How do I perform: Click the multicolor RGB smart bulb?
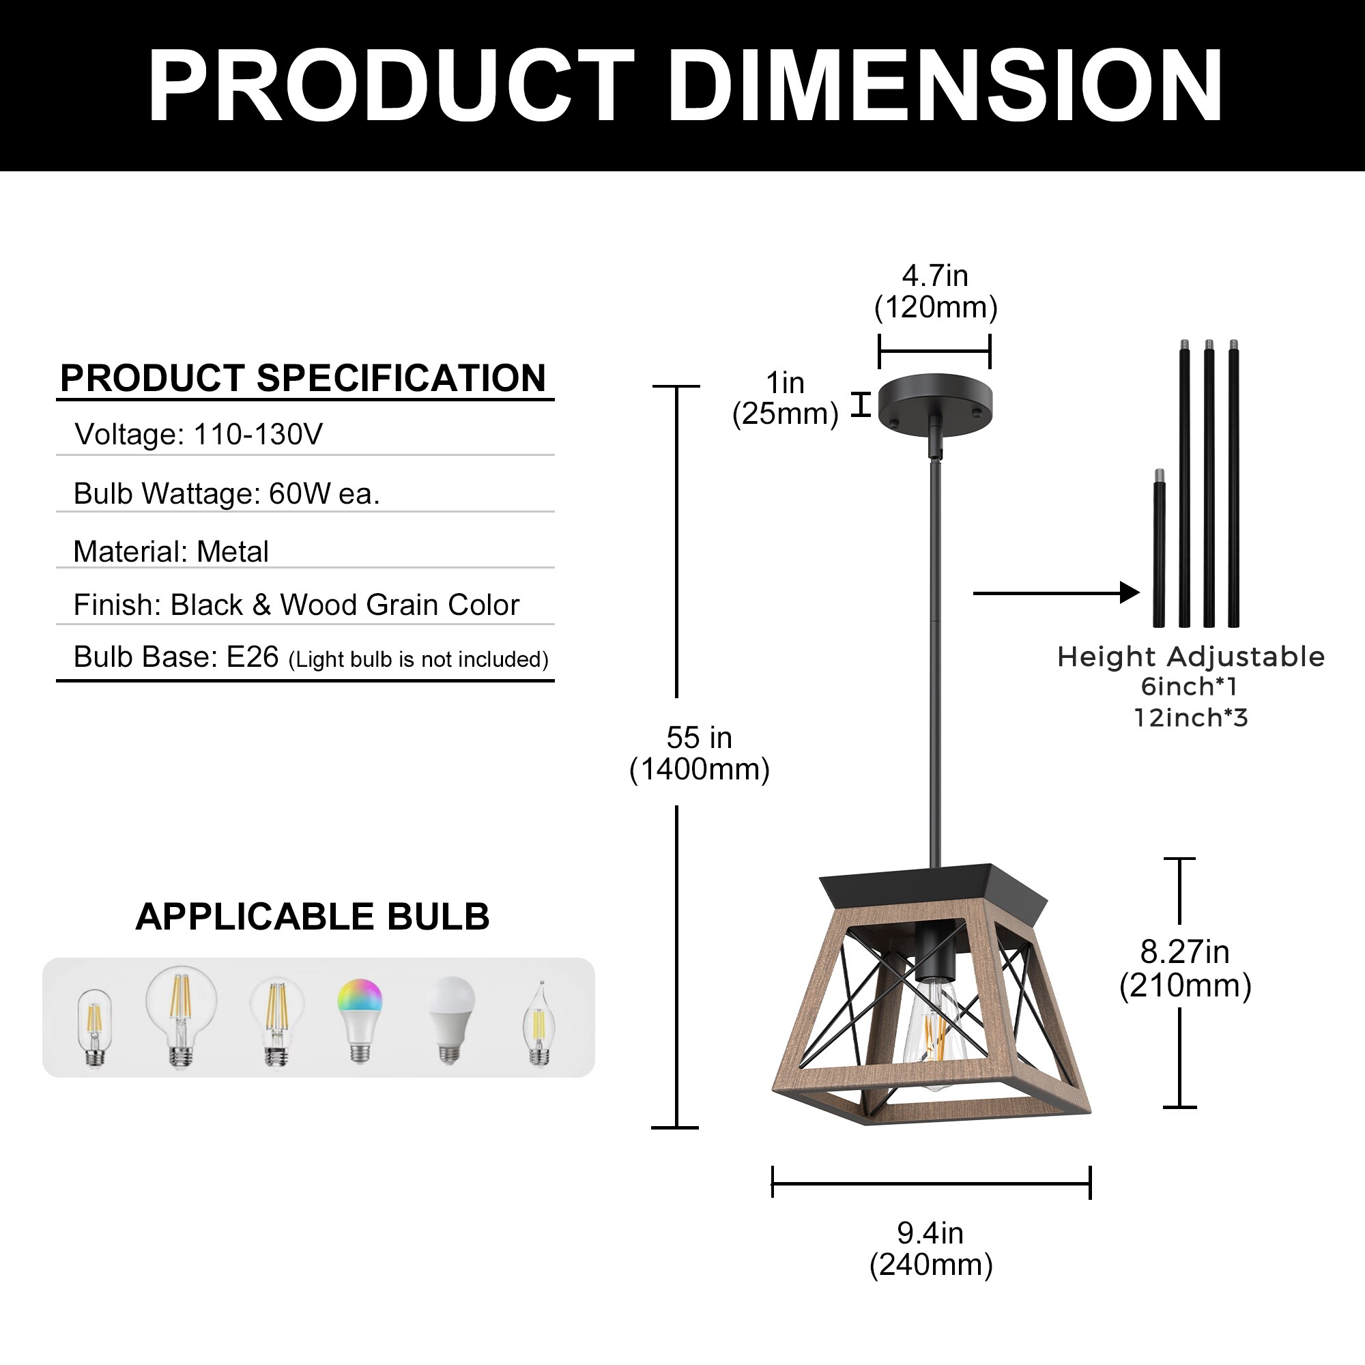pyautogui.click(x=360, y=1018)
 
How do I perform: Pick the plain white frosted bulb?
pyautogui.click(x=450, y=1018)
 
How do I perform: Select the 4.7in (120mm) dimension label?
pyautogui.click(x=936, y=291)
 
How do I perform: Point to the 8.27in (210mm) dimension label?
pyautogui.click(x=1185, y=968)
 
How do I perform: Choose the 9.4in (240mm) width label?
pyautogui.click(x=930, y=1248)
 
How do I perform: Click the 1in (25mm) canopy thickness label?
pyautogui.click(x=785, y=398)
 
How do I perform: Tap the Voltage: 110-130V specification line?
pyautogui.click(x=199, y=434)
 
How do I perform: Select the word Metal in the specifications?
pyautogui.click(x=233, y=551)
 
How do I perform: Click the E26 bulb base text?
pyautogui.click(x=253, y=657)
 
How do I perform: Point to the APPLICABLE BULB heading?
pyautogui.click(x=313, y=917)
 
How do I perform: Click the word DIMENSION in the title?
pyautogui.click(x=945, y=86)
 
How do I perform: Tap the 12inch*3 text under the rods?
pyautogui.click(x=1191, y=718)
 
